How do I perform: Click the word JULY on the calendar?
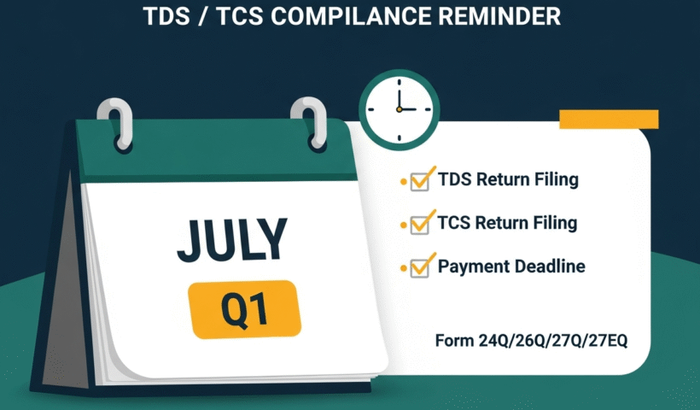[232, 240]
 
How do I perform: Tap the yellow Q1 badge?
[243, 308]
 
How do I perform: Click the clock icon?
[400, 109]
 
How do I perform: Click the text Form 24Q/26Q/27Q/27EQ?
[531, 341]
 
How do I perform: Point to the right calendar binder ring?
[308, 120]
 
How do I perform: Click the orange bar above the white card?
[608, 119]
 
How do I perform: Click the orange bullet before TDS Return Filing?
[403, 182]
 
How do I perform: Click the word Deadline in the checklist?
[550, 266]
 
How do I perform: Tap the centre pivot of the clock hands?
[399, 109]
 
